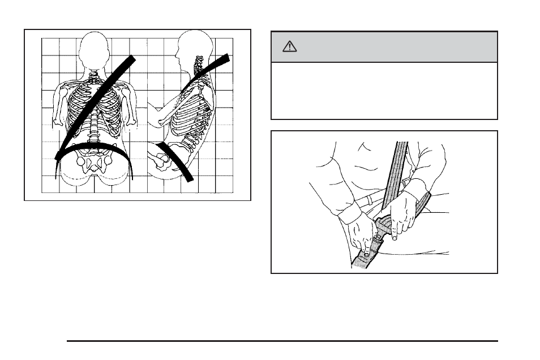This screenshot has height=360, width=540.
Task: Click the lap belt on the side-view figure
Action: [x=175, y=161]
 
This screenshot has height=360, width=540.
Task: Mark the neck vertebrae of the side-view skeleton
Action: [x=199, y=67]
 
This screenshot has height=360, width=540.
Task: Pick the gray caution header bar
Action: [x=384, y=47]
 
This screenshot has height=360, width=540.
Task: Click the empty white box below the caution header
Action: [x=384, y=91]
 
